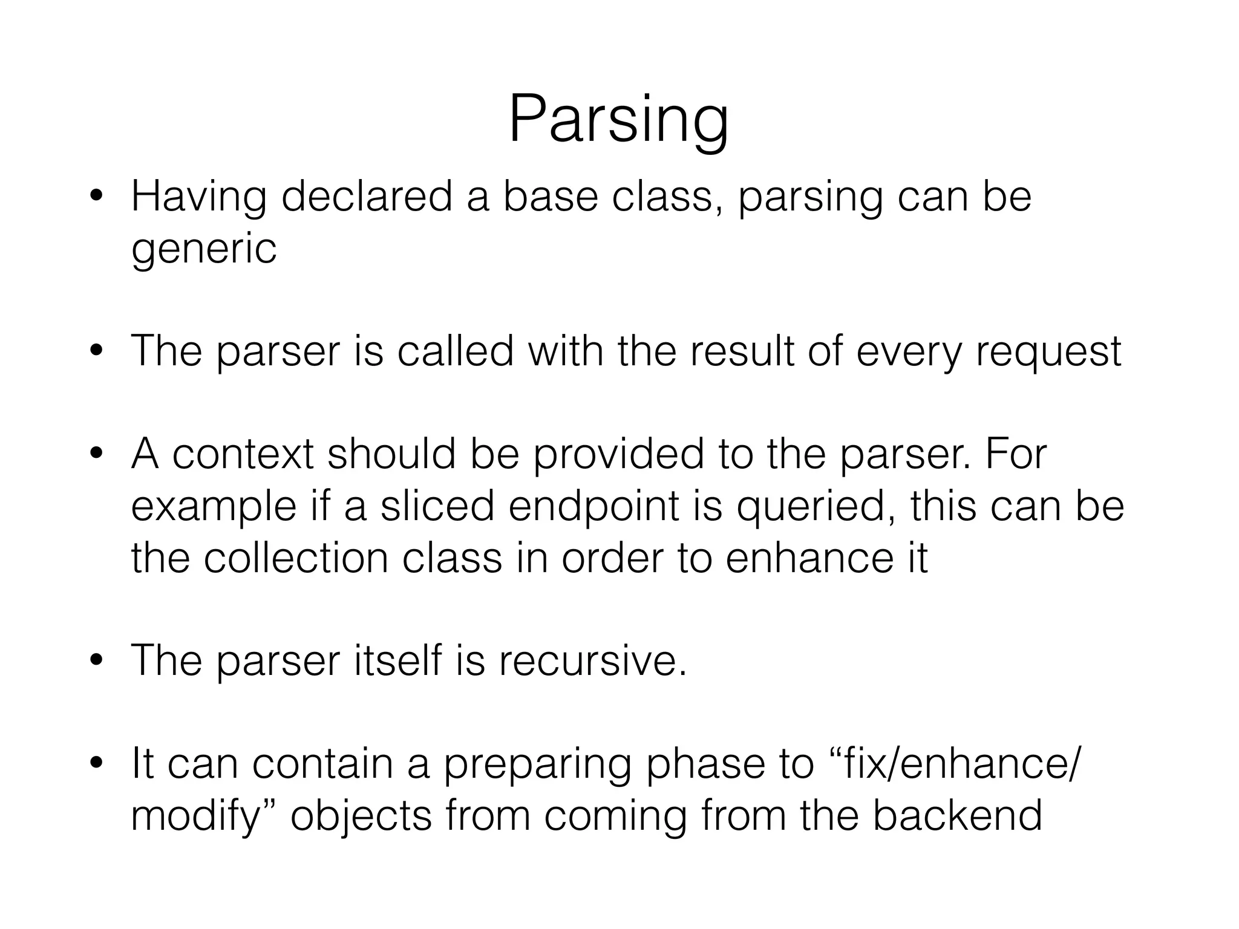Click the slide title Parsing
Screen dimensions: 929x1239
tap(618, 120)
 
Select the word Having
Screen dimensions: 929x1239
tap(198, 198)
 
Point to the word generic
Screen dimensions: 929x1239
tap(204, 250)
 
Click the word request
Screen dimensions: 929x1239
tap(1048, 353)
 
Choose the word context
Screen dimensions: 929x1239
tap(243, 454)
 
